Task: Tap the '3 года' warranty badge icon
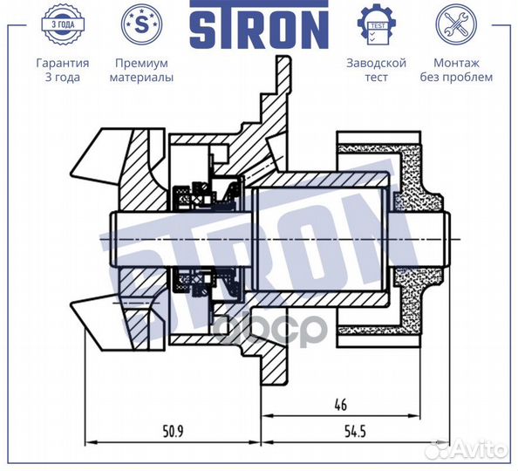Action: pyautogui.click(x=62, y=24)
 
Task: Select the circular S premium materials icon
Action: pyautogui.click(x=141, y=24)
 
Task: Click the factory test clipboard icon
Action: pyautogui.click(x=377, y=24)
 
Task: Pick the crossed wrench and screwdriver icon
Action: pyautogui.click(x=455, y=24)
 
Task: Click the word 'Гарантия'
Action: pyautogui.click(x=62, y=64)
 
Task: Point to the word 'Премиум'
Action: pyautogui.click(x=141, y=64)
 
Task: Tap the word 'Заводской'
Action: pyautogui.click(x=377, y=64)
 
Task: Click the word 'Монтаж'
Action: pyautogui.click(x=455, y=64)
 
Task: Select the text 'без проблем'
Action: pyautogui.click(x=455, y=77)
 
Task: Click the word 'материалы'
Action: pyautogui.click(x=141, y=77)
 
